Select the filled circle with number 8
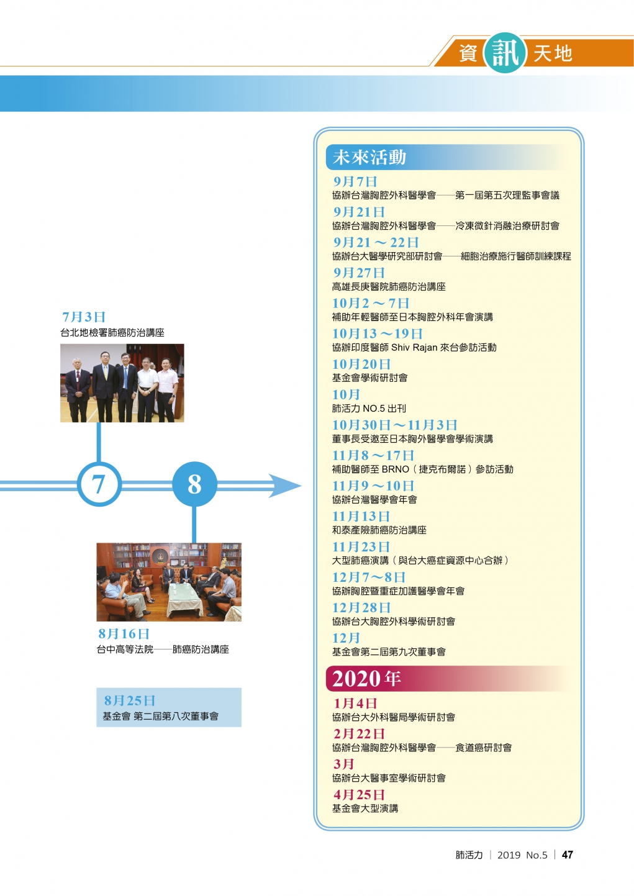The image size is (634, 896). tap(194, 484)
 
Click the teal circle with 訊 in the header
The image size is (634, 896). tap(505, 53)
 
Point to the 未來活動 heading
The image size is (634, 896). tap(369, 157)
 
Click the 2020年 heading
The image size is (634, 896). tap(366, 679)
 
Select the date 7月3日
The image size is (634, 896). tap(84, 317)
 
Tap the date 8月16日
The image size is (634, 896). tap(124, 633)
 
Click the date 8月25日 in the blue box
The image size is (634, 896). tap(129, 700)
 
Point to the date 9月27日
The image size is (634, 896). tap(359, 273)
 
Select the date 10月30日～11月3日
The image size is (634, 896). tap(394, 425)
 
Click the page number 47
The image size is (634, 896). tap(567, 855)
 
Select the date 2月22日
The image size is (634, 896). tap(359, 733)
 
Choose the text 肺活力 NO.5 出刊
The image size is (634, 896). tap(369, 409)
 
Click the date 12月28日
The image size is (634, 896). tap(361, 608)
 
